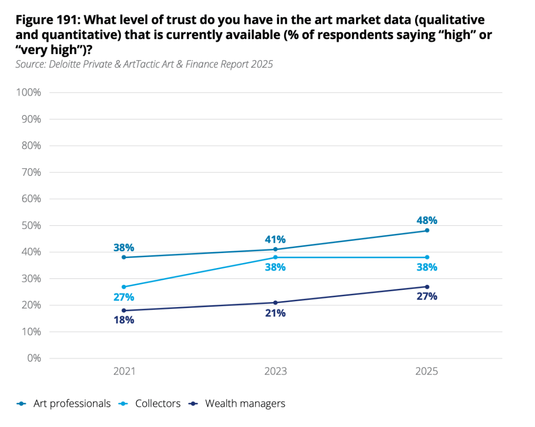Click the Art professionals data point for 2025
pyautogui.click(x=427, y=230)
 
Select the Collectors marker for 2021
pyautogui.click(x=124, y=287)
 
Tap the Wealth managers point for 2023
pyautogui.click(x=275, y=303)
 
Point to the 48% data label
pyautogui.click(x=427, y=220)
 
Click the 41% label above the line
pyautogui.click(x=275, y=239)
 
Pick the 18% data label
pyautogui.click(x=124, y=320)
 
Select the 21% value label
pyautogui.click(x=275, y=313)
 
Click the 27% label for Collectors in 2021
pyautogui.click(x=124, y=297)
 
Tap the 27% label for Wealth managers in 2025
pyautogui.click(x=427, y=296)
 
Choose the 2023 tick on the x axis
pyautogui.click(x=275, y=372)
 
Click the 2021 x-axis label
pyautogui.click(x=124, y=372)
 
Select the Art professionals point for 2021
pyautogui.click(x=124, y=257)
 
